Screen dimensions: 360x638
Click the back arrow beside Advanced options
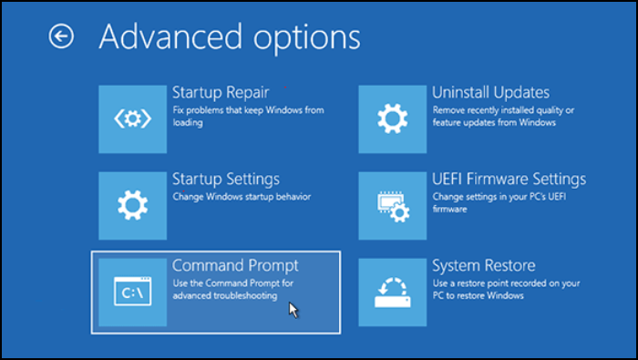point(61,36)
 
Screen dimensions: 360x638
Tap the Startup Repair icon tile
point(133,118)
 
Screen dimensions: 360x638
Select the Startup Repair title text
point(221,92)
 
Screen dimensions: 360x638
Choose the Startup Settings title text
point(226,179)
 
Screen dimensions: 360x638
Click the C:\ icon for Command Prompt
point(133,292)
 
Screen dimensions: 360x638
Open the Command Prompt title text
point(235,265)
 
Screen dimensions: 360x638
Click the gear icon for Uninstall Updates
point(393,118)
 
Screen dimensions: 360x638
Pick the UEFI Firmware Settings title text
point(509,179)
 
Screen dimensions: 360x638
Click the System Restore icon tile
point(393,292)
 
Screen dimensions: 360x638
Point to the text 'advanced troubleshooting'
point(225,295)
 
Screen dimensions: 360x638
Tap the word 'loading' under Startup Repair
point(187,122)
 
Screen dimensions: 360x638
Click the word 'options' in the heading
point(300,37)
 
